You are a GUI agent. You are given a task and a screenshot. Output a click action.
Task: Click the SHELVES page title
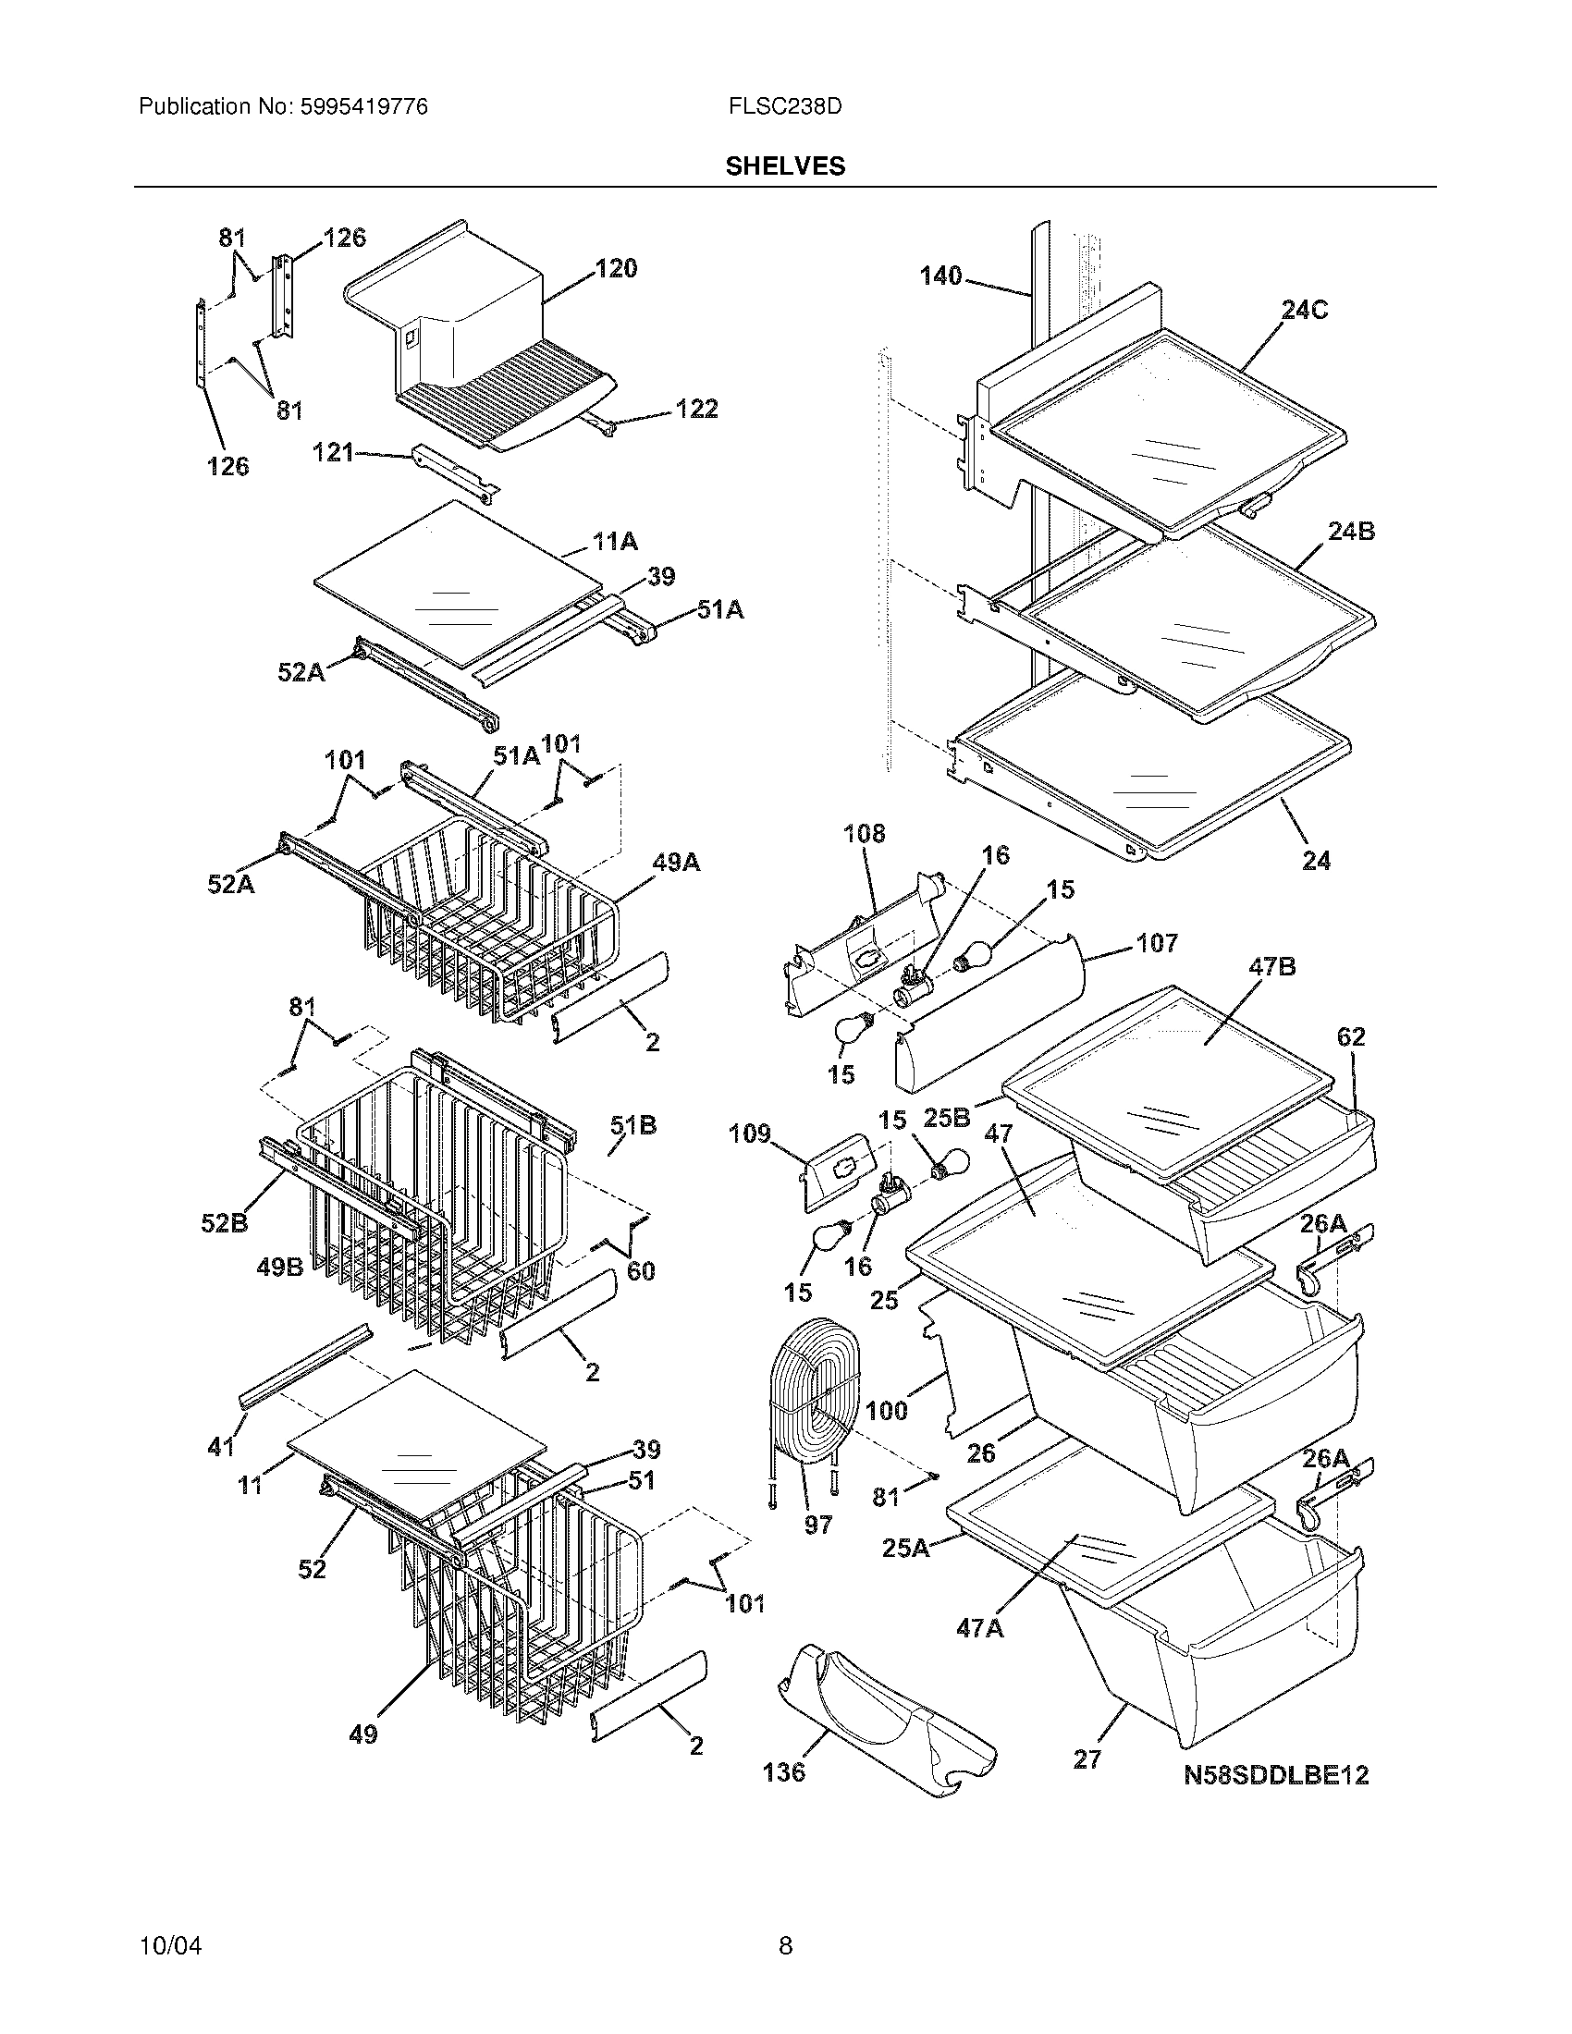click(784, 166)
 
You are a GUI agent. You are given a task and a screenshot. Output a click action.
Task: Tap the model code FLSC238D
click(785, 107)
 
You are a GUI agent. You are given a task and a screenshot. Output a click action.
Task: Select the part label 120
click(616, 269)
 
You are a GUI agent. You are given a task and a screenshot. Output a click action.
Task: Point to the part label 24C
click(1304, 310)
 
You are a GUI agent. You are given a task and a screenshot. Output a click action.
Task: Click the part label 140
click(940, 276)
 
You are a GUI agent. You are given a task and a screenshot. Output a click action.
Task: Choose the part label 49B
click(280, 1268)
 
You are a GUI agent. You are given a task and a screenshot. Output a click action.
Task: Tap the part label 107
click(1157, 943)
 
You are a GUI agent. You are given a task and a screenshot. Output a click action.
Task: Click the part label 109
click(750, 1133)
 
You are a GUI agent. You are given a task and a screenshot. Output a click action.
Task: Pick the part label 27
click(1087, 1759)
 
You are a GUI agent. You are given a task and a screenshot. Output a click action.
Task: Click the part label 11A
click(615, 541)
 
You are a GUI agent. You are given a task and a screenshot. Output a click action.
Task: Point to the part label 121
click(333, 453)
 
